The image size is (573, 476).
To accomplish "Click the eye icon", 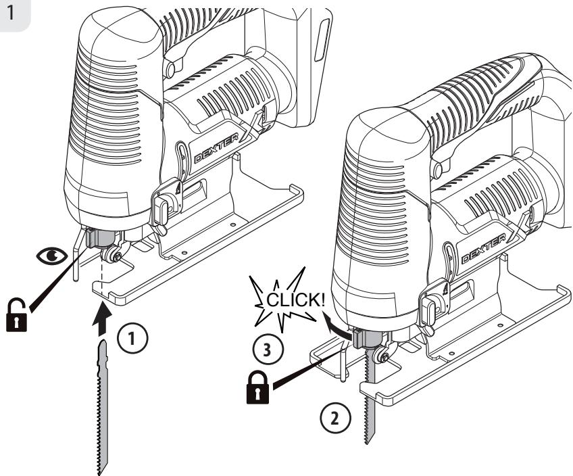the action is tap(51, 255).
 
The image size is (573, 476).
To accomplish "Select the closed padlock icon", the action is tap(257, 387).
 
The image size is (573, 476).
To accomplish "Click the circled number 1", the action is tap(132, 338).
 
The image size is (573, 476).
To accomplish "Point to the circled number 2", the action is tap(335, 419).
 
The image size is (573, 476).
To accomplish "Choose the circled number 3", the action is tap(268, 349).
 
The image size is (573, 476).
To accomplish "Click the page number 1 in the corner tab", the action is tap(11, 12).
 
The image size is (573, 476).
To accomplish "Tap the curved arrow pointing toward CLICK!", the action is tap(337, 325).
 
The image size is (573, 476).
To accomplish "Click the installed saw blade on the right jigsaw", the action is tap(370, 395).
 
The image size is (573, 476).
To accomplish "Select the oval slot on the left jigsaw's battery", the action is tap(321, 40).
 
